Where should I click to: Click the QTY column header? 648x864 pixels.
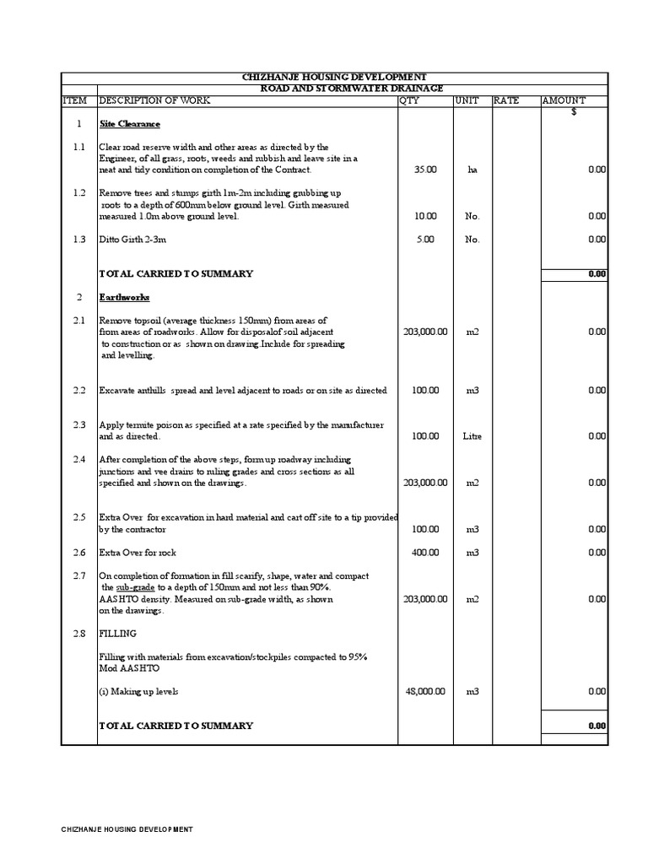pos(409,100)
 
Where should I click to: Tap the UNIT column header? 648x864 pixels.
pos(467,100)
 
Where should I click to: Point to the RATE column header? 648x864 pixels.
pos(506,100)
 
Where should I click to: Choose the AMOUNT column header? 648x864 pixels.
pos(563,100)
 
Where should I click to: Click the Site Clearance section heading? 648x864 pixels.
pos(130,124)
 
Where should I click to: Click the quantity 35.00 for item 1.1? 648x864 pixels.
pos(425,170)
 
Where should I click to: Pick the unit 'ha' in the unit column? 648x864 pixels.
pos(472,170)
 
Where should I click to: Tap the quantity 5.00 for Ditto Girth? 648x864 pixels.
pos(425,240)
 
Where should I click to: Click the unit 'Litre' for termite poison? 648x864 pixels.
pos(472,436)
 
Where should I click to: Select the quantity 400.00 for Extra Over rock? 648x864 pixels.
pos(425,553)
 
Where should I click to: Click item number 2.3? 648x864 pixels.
pos(78,425)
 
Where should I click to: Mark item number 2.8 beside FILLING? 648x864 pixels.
pos(78,633)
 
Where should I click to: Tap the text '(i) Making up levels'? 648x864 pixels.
pos(138,691)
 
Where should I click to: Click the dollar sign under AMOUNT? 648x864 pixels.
pos(574,112)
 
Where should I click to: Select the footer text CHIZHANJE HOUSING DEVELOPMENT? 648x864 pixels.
pos(127,829)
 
